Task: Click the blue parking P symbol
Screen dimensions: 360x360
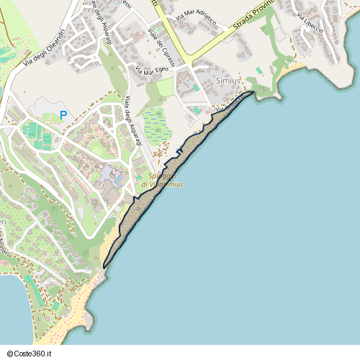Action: [63, 114]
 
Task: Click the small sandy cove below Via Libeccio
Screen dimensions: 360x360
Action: [294, 69]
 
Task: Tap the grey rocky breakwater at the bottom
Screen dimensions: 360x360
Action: [91, 318]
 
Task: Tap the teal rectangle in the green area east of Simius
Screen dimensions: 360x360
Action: [259, 71]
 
